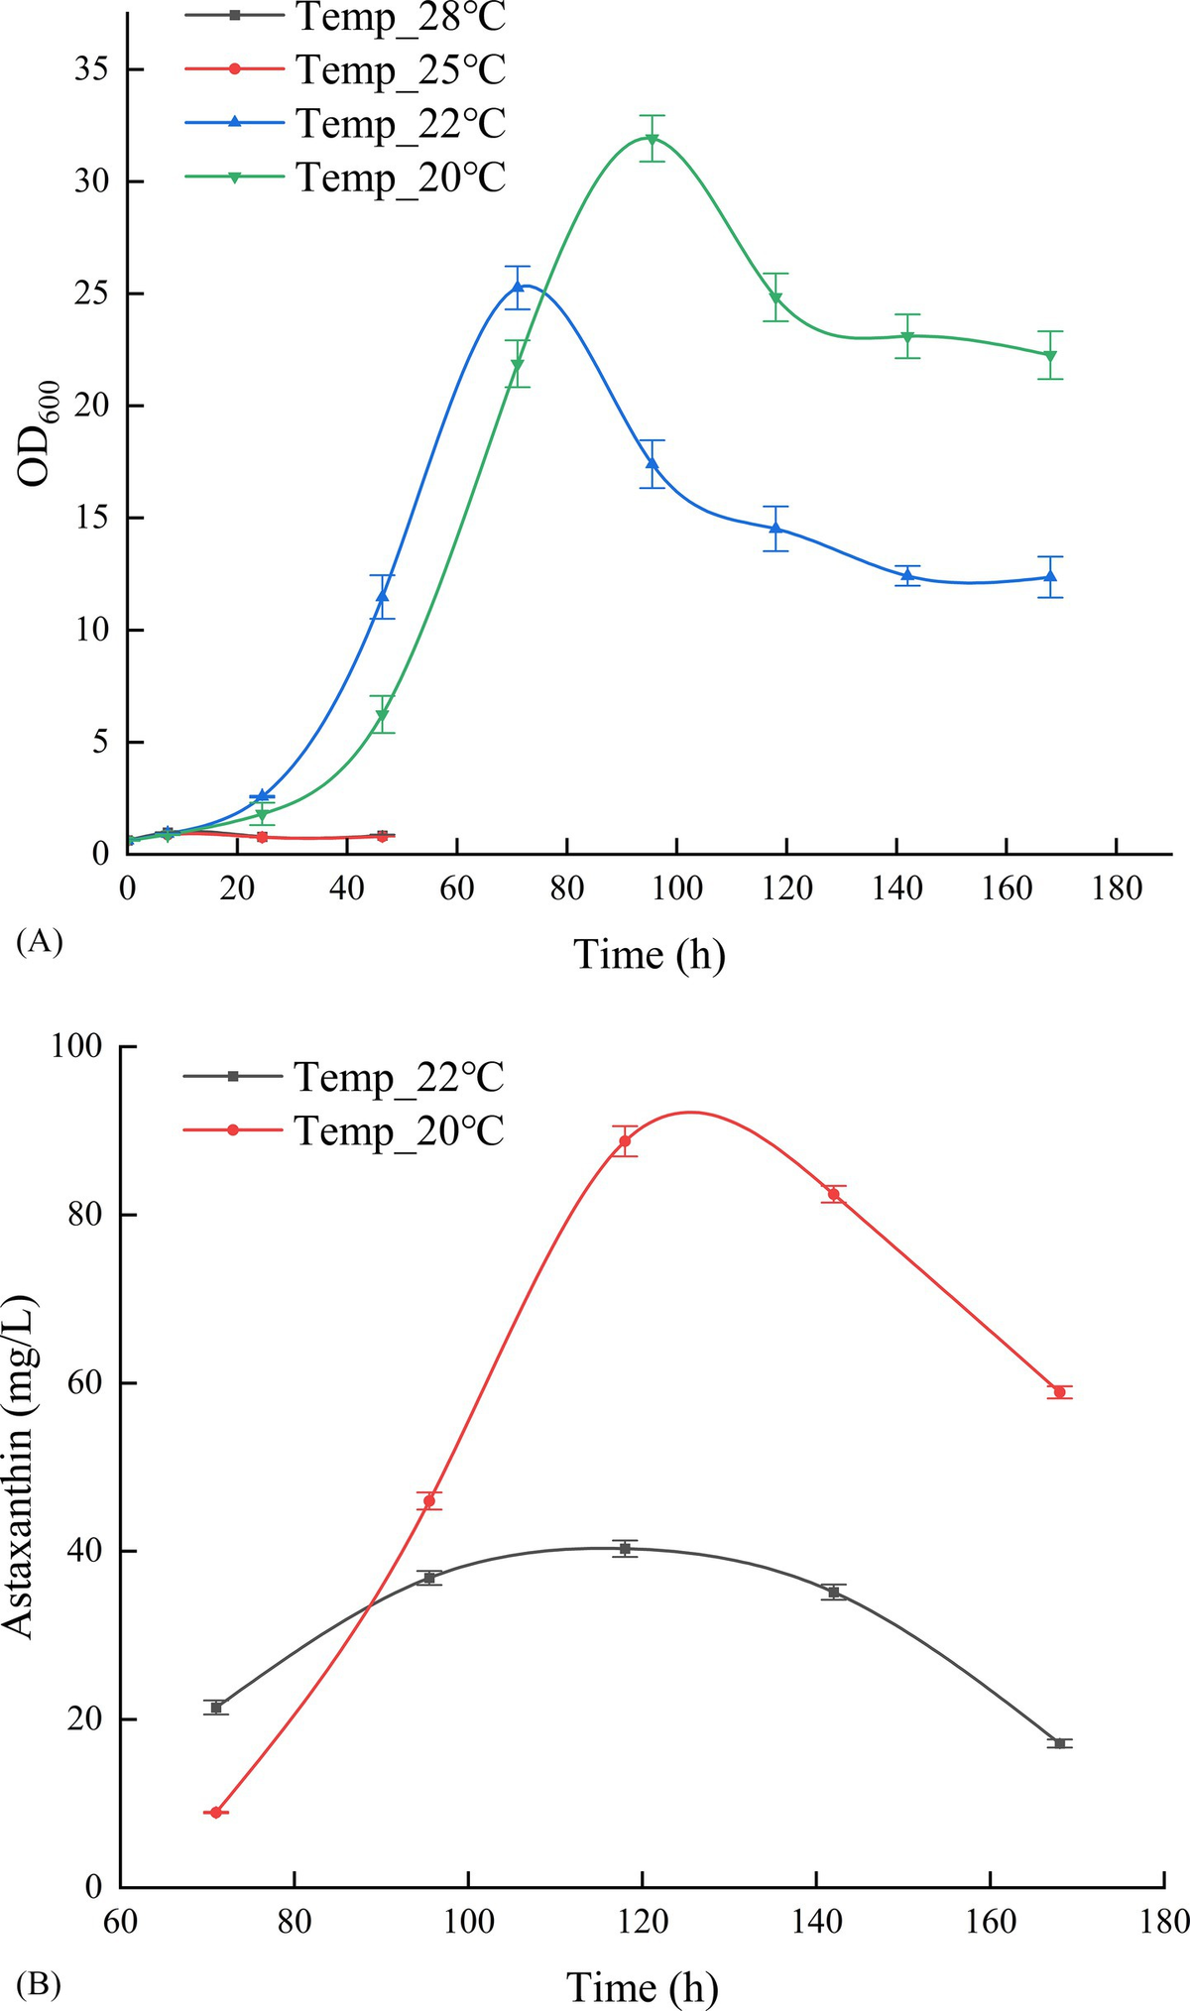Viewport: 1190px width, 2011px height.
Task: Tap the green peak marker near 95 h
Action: (652, 139)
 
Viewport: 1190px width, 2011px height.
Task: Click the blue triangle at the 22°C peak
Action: (517, 287)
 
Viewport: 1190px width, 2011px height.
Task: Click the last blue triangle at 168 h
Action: (1051, 576)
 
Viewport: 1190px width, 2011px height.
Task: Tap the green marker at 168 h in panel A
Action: (1051, 356)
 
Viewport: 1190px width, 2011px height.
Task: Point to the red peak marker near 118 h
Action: (625, 1140)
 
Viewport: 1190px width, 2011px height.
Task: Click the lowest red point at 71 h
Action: (216, 1813)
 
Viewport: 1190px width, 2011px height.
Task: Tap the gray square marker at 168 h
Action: (1060, 1743)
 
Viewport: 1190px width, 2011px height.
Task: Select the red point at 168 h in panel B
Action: (1060, 1392)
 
